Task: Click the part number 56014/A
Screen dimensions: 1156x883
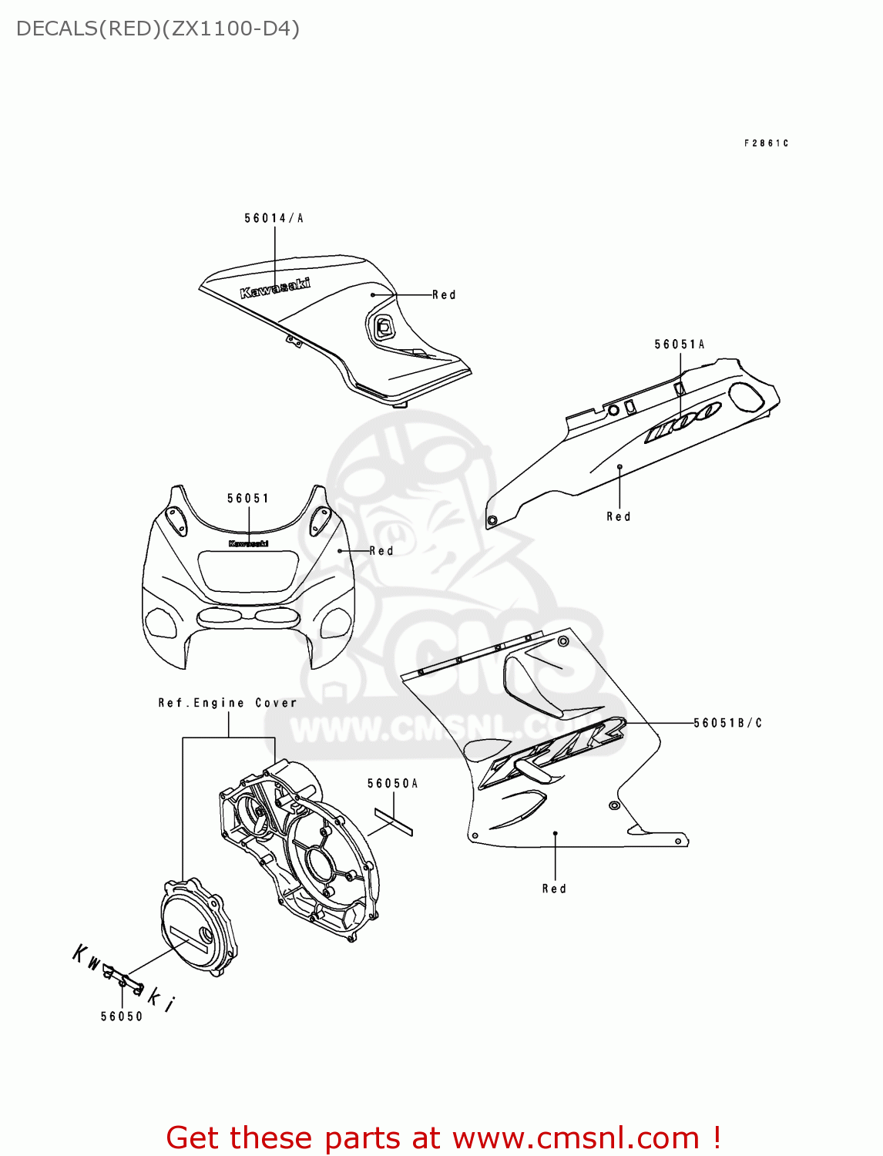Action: pyautogui.click(x=274, y=218)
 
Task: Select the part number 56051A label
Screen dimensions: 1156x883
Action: pyautogui.click(x=679, y=344)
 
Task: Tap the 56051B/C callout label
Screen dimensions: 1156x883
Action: pyautogui.click(x=727, y=723)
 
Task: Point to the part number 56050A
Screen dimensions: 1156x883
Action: pyautogui.click(x=392, y=784)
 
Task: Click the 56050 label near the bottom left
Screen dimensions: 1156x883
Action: pyautogui.click(x=122, y=1017)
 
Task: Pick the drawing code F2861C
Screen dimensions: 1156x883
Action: pyautogui.click(x=766, y=143)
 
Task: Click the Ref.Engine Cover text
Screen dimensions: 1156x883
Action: pyautogui.click(x=227, y=703)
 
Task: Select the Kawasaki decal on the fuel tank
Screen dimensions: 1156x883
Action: pyautogui.click(x=275, y=287)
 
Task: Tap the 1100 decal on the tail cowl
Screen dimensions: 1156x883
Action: pyautogui.click(x=683, y=422)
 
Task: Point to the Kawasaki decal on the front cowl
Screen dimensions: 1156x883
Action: pyautogui.click(x=248, y=543)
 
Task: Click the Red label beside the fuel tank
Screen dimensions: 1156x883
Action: pyautogui.click(x=444, y=295)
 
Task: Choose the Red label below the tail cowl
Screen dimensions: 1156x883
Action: pyautogui.click(x=619, y=516)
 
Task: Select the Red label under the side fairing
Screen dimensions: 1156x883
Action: pyautogui.click(x=554, y=889)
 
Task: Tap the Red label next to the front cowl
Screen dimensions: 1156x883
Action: pyautogui.click(x=381, y=551)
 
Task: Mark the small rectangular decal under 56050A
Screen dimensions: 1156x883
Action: pyautogui.click(x=394, y=822)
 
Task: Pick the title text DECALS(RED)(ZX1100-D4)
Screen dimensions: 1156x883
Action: pyautogui.click(x=158, y=29)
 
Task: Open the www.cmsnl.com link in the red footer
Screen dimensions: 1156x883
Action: pyautogui.click(x=576, y=1138)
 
